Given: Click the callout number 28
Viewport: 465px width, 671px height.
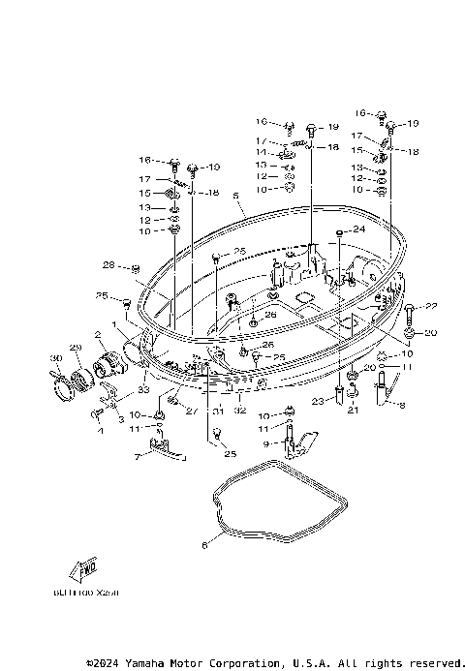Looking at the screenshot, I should coord(108,264).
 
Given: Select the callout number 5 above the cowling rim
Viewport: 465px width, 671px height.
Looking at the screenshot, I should coord(235,196).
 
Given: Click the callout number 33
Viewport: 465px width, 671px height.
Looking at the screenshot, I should coord(142,390).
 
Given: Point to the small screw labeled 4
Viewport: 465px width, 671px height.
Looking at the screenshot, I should coord(97,413).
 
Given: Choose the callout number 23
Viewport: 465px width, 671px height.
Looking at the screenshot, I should coord(317,401).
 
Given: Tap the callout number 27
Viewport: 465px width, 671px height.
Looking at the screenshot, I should coord(191,411).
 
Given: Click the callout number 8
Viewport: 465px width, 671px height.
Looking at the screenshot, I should coord(402,405).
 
